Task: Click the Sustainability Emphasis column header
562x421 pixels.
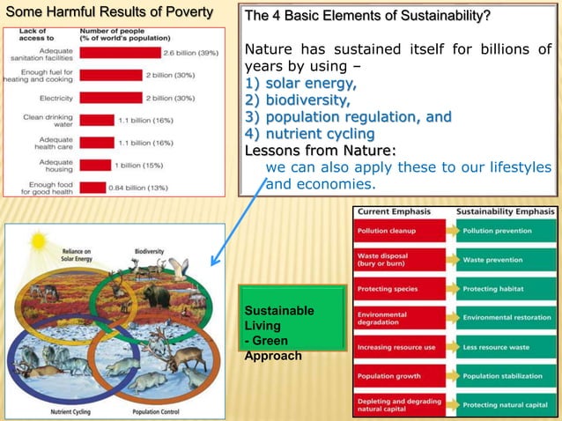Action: coord(505,213)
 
